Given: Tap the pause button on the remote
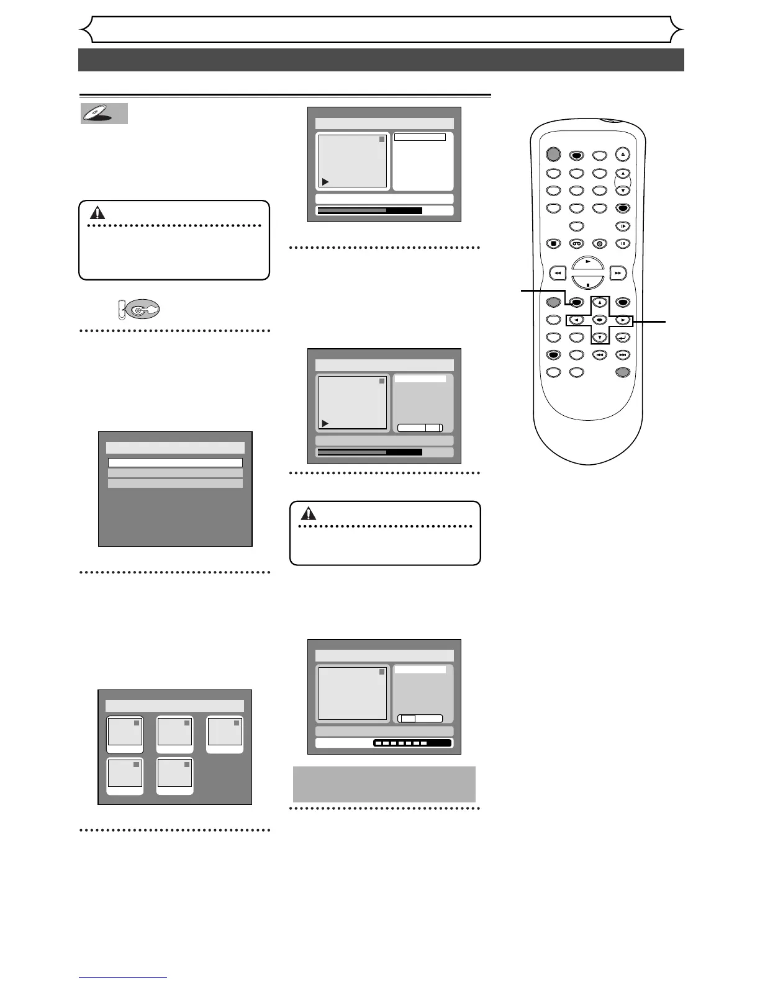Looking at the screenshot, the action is point(623,244).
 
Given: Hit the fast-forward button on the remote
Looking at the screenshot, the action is point(618,272).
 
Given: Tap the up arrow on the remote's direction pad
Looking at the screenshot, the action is point(599,303).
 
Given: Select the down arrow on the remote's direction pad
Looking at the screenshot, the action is point(599,338).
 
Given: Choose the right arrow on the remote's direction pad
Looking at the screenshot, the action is point(623,320).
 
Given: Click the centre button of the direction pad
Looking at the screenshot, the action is point(599,320).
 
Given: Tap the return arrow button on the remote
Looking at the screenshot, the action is point(623,338).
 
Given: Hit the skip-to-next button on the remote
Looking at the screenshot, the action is point(623,355).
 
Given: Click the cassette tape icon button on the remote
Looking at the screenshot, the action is point(577,244).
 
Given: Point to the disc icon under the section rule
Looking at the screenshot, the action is point(104,114).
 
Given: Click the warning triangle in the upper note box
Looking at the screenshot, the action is point(97,213).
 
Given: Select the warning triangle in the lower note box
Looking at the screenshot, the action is point(309,513).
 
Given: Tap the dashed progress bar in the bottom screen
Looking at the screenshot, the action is point(412,743).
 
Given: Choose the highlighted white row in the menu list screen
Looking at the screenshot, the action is point(175,462).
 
